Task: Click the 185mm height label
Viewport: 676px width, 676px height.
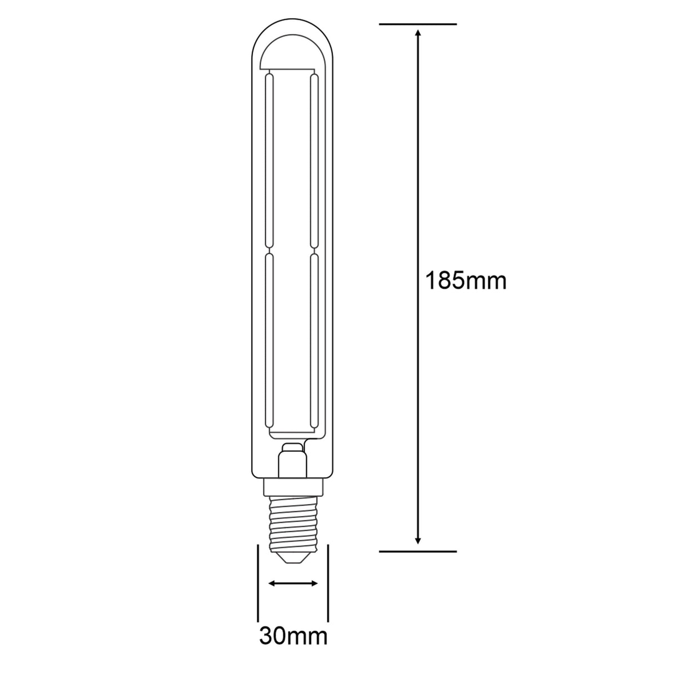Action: tap(465, 280)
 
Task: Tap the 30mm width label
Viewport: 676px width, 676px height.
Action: tap(293, 637)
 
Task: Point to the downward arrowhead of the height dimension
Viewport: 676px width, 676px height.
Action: tap(417, 539)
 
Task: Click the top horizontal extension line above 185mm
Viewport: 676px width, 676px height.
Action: tap(417, 24)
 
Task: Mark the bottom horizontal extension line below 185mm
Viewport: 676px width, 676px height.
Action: tap(417, 551)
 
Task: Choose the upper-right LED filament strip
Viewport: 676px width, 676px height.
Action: tap(314, 161)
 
